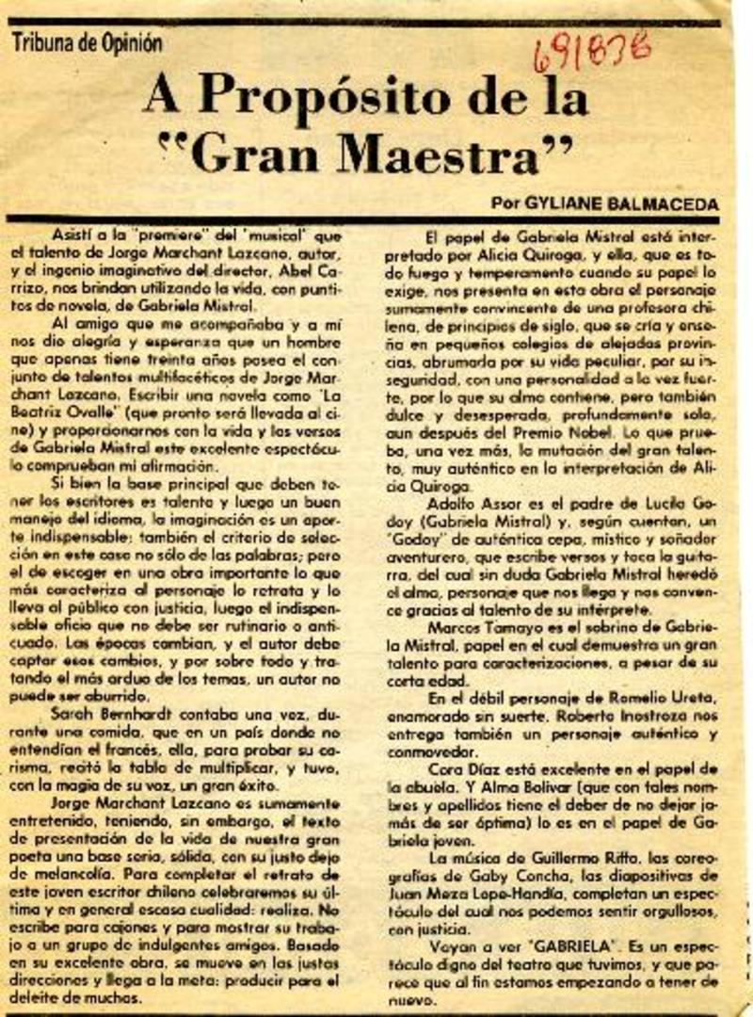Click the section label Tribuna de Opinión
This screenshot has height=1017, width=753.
tap(88, 42)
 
